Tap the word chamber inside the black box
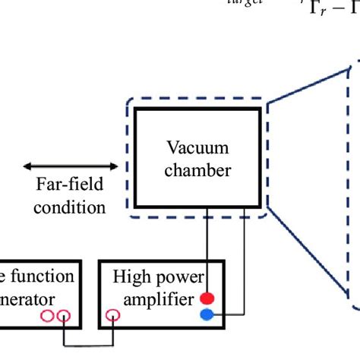[199, 170]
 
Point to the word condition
[71, 207]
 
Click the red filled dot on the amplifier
[206, 298]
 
